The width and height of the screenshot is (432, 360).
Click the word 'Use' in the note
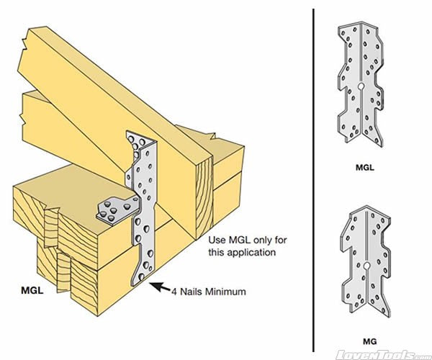pos(217,240)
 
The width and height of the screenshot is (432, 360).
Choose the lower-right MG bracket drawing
pos(366,260)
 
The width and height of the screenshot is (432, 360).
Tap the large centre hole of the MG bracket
pos(366,269)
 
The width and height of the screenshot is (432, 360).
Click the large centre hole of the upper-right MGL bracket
pos(359,88)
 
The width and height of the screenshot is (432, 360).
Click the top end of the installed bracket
pos(138,135)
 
